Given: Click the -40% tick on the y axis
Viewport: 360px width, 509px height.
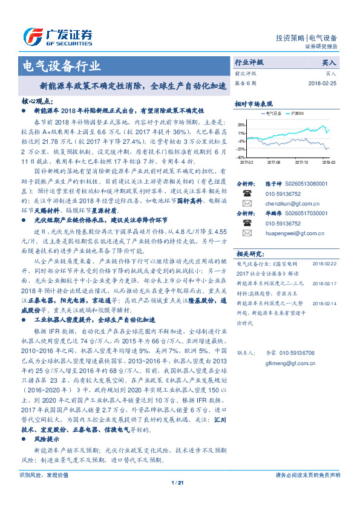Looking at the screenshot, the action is coord(241,157).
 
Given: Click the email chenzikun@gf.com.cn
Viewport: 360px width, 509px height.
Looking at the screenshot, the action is coord(283,204).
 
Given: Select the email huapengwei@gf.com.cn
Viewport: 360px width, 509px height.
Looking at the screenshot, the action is coord(284,231).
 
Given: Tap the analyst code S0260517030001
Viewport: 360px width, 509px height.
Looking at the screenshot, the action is coord(288,213).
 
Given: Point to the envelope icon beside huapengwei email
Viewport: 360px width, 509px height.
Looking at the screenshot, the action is coord(246,231).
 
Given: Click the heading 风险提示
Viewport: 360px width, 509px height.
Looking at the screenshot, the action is coord(46,438).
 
